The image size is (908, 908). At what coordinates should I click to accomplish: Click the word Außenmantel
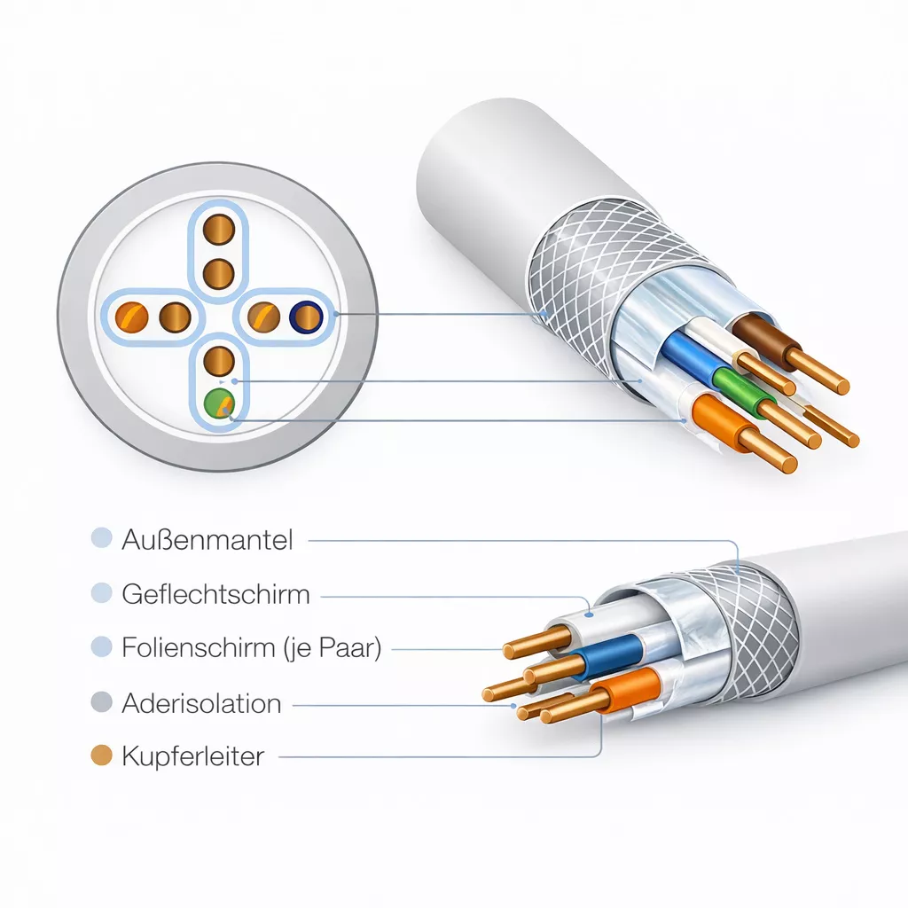[207, 540]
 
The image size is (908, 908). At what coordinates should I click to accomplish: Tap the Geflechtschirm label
[215, 595]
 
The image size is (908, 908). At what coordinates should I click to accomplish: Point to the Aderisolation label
[201, 703]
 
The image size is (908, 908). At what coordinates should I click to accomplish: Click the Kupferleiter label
[192, 756]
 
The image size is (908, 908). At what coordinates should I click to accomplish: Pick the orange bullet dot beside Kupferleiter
[101, 755]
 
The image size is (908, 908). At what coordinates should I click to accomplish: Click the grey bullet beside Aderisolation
[101, 702]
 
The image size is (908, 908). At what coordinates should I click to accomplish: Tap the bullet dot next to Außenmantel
[101, 537]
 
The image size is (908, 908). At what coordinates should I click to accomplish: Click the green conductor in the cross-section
[219, 403]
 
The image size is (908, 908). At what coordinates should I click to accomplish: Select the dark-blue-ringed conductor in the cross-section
[306, 317]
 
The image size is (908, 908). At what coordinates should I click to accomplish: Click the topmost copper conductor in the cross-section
[219, 230]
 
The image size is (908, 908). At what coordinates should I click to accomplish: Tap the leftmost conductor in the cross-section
[131, 317]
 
